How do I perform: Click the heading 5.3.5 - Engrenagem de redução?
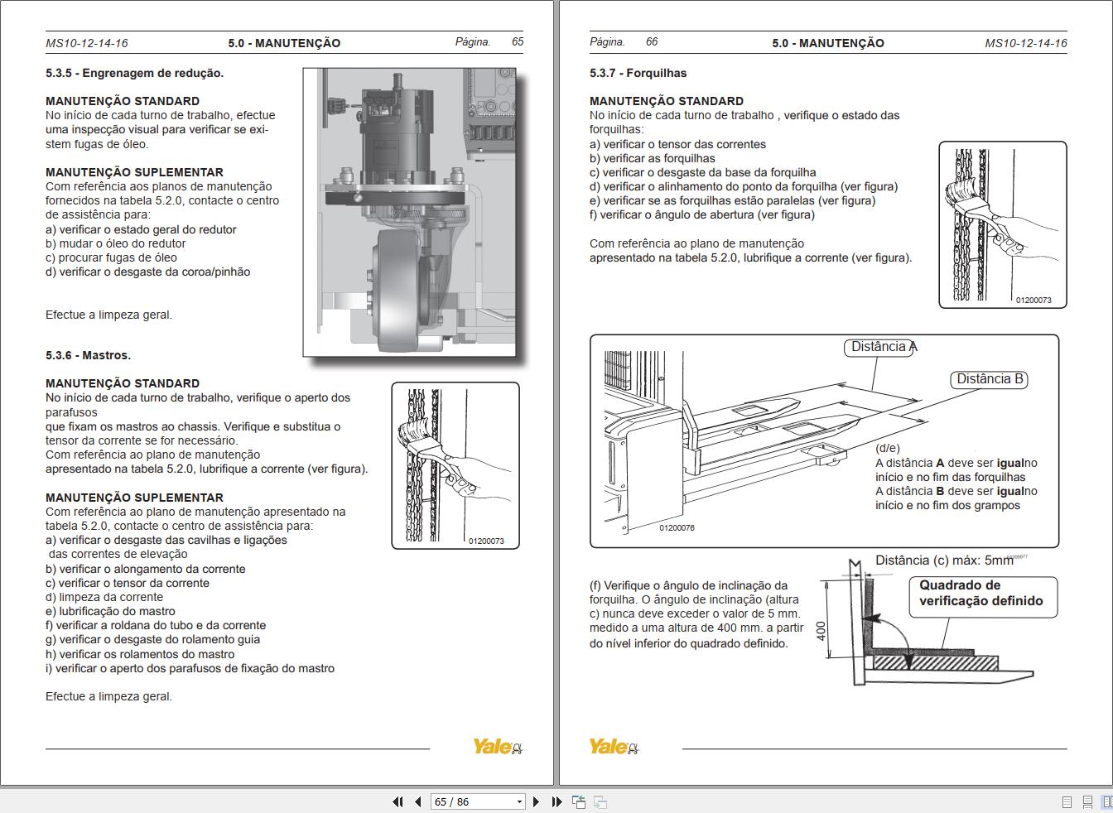[x=134, y=73]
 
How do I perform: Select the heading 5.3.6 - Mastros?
[x=88, y=355]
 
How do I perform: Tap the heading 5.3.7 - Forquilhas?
[x=638, y=73]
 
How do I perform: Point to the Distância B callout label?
[x=990, y=379]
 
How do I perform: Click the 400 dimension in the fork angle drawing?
[x=821, y=630]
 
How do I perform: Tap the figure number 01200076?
[x=677, y=528]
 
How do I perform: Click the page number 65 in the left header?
[x=517, y=41]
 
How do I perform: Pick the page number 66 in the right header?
[x=651, y=41]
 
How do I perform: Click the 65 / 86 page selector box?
[x=477, y=801]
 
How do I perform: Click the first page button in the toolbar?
[x=397, y=801]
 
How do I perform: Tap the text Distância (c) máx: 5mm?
[x=944, y=560]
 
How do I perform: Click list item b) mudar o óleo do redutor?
[x=116, y=243]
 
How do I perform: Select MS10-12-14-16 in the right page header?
[x=1025, y=43]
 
